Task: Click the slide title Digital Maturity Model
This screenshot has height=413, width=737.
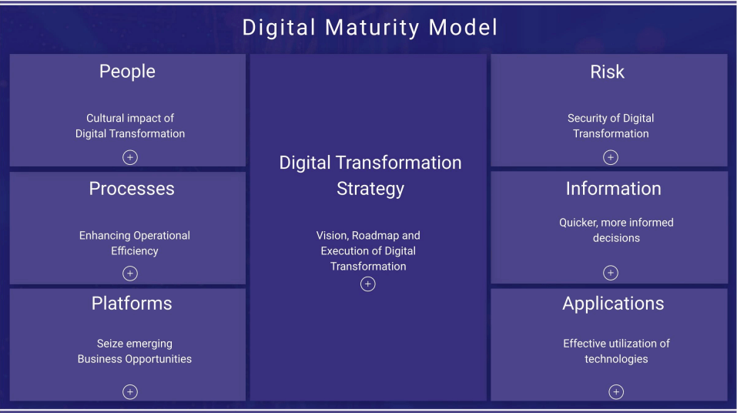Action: tap(370, 28)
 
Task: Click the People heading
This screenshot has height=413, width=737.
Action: tap(127, 72)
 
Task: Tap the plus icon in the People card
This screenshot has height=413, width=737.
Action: tap(130, 157)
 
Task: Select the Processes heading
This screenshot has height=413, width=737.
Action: tap(132, 189)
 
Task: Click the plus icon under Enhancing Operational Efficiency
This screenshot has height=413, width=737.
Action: tap(130, 274)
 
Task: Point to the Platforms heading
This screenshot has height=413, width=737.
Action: tap(132, 304)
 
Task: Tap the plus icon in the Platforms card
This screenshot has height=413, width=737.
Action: tap(130, 392)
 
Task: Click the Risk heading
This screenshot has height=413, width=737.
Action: tap(607, 72)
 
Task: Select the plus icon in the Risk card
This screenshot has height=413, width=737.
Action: tap(610, 157)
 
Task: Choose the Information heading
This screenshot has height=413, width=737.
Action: tap(613, 189)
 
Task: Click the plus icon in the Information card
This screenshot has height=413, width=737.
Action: tap(610, 273)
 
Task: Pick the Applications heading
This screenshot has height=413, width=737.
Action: tap(613, 304)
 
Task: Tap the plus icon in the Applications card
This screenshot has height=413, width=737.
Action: tap(616, 392)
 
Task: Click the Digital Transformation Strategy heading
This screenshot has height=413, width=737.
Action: tap(370, 176)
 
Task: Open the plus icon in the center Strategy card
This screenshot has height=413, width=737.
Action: tap(368, 284)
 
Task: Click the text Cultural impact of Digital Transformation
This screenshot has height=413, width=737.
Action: tap(130, 126)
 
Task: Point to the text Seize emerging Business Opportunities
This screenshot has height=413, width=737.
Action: tap(134, 351)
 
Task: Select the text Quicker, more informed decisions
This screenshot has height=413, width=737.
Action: tap(616, 230)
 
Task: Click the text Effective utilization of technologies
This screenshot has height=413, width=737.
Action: tap(616, 351)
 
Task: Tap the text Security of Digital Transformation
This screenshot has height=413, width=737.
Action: tap(611, 126)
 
